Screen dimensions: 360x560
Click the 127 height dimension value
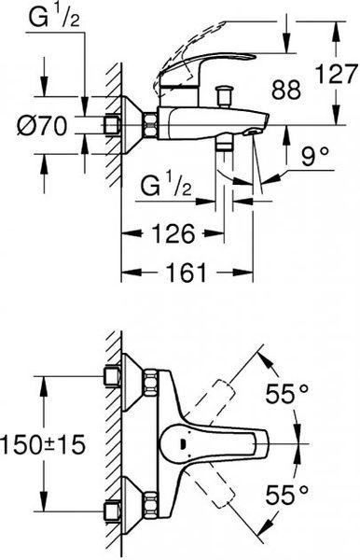coord(337,74)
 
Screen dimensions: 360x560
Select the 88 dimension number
coord(285,90)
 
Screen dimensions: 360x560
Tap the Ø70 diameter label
coord(43,126)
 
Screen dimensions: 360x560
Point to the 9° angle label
coord(315,157)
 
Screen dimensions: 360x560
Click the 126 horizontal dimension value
coord(173,233)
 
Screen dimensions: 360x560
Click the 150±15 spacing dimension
coord(43,445)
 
